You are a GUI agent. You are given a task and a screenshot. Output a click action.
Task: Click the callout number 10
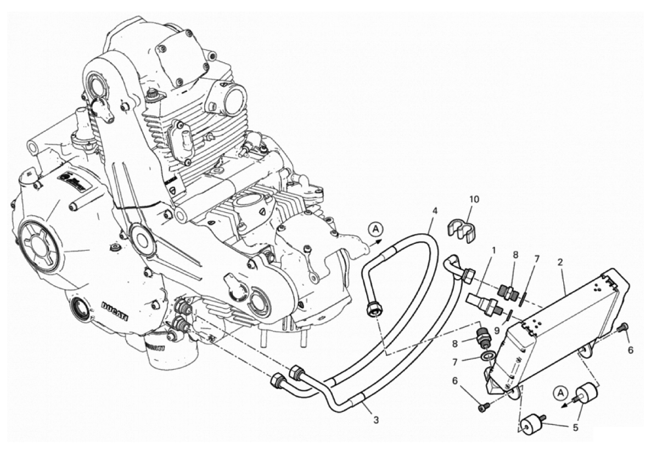[x=474, y=199]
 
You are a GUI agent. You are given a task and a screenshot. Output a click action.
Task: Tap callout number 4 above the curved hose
[x=434, y=211]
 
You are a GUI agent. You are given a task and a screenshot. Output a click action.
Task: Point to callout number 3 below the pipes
[x=376, y=420]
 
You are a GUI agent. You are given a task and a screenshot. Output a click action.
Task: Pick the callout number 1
[x=493, y=250]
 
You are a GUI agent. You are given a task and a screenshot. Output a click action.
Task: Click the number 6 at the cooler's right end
[x=631, y=349]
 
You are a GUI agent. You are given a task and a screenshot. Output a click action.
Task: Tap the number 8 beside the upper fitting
[x=514, y=254]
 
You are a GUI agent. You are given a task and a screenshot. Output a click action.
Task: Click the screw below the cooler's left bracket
[x=482, y=407]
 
